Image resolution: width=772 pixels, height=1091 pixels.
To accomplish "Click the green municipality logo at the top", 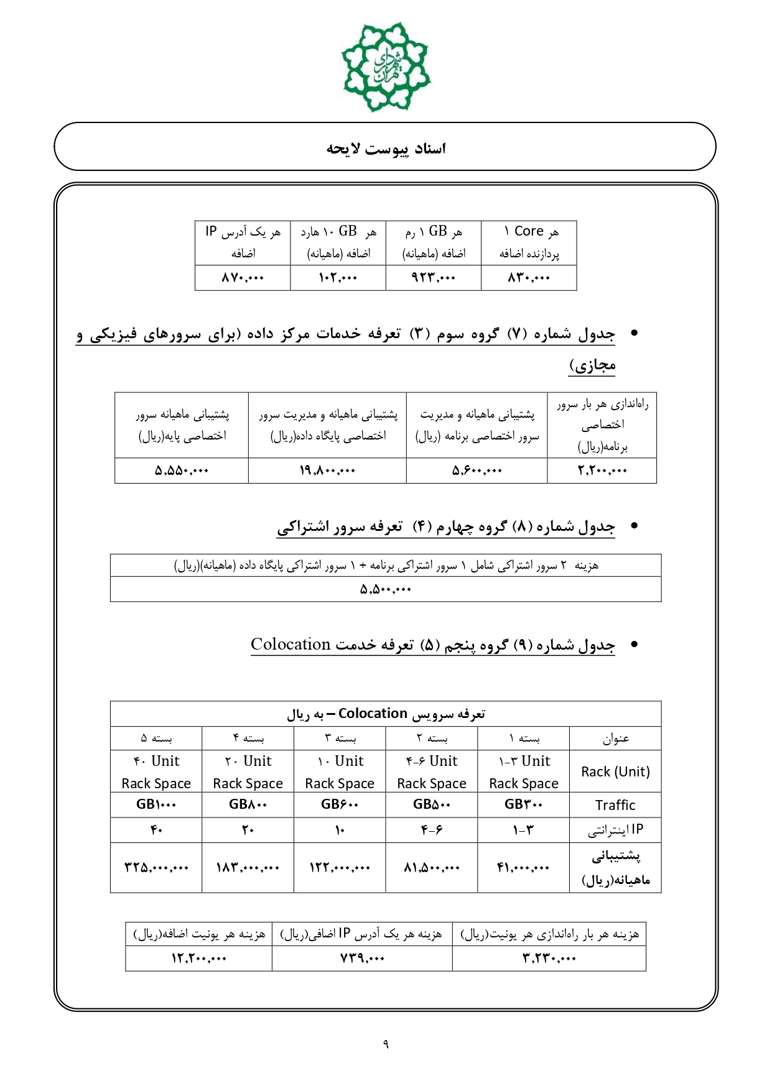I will [x=386, y=67].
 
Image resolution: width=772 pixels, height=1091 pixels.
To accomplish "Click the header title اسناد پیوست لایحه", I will [x=386, y=149].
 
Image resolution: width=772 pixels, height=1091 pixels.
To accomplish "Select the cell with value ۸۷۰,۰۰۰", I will [x=243, y=278].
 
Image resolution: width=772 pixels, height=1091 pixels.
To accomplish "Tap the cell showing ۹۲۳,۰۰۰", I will [x=434, y=278].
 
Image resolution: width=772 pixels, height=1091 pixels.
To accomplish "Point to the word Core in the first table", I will [x=529, y=231].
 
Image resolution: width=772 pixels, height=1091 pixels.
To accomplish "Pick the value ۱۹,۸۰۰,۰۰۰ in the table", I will [x=327, y=471].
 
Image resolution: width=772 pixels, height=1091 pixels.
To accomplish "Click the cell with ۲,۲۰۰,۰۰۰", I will [x=602, y=471].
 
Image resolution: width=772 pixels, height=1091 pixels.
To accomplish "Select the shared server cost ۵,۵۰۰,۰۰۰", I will [x=386, y=589].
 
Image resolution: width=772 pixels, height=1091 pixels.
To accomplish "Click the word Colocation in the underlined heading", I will [x=291, y=645].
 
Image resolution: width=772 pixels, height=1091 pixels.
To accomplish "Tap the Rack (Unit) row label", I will [x=615, y=771].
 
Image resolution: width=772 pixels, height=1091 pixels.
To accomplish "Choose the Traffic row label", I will [x=615, y=805].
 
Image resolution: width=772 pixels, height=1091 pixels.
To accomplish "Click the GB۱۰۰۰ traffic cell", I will [x=156, y=804].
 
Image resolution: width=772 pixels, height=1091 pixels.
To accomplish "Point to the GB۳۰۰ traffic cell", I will [x=524, y=804].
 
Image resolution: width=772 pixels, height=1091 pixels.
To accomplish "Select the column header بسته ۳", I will [x=340, y=739].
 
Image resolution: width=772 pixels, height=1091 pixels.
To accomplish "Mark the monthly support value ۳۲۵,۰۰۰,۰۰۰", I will [x=156, y=867].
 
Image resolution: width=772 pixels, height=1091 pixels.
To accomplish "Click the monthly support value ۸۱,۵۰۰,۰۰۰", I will [x=432, y=867].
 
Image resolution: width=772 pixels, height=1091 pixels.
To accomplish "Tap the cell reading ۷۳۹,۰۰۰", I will [x=362, y=959].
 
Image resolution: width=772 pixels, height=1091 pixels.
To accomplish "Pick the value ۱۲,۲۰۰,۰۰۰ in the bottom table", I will [x=198, y=959].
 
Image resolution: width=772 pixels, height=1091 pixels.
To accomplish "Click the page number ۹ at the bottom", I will [x=386, y=1044].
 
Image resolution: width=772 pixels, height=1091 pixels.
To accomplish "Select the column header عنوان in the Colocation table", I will [x=615, y=739].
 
